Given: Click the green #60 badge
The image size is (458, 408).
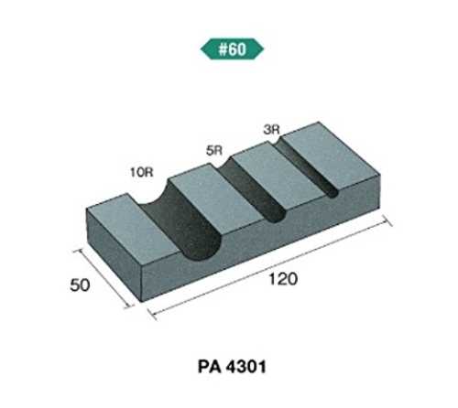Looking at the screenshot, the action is coord(232,48).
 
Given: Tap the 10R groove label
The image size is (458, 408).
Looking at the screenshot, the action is coord(142,173).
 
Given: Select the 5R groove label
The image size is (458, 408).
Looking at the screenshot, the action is coord(213,151).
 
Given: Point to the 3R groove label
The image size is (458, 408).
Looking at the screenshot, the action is coord(271,130).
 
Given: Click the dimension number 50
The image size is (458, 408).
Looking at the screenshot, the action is coord(80,285).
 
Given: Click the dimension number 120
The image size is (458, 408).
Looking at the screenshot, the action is coord(283,279).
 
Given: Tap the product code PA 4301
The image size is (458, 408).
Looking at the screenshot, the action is coord(232,367).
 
